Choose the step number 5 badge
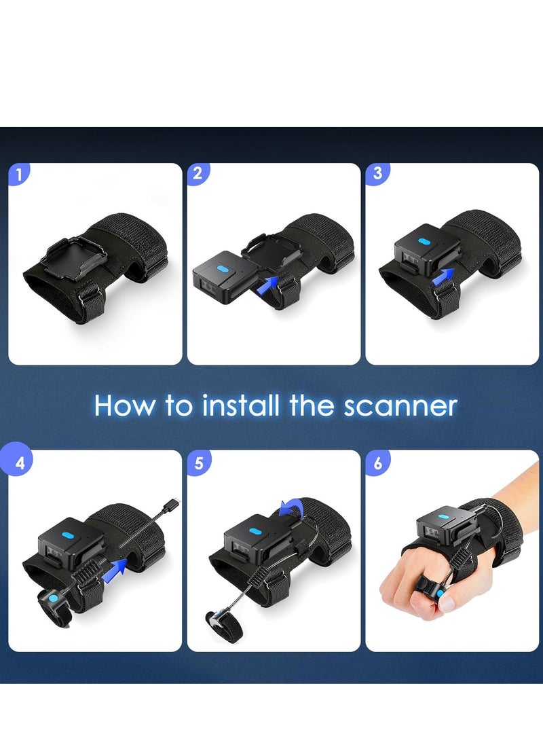pos(198,463)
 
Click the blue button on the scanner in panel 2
pos(222,269)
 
